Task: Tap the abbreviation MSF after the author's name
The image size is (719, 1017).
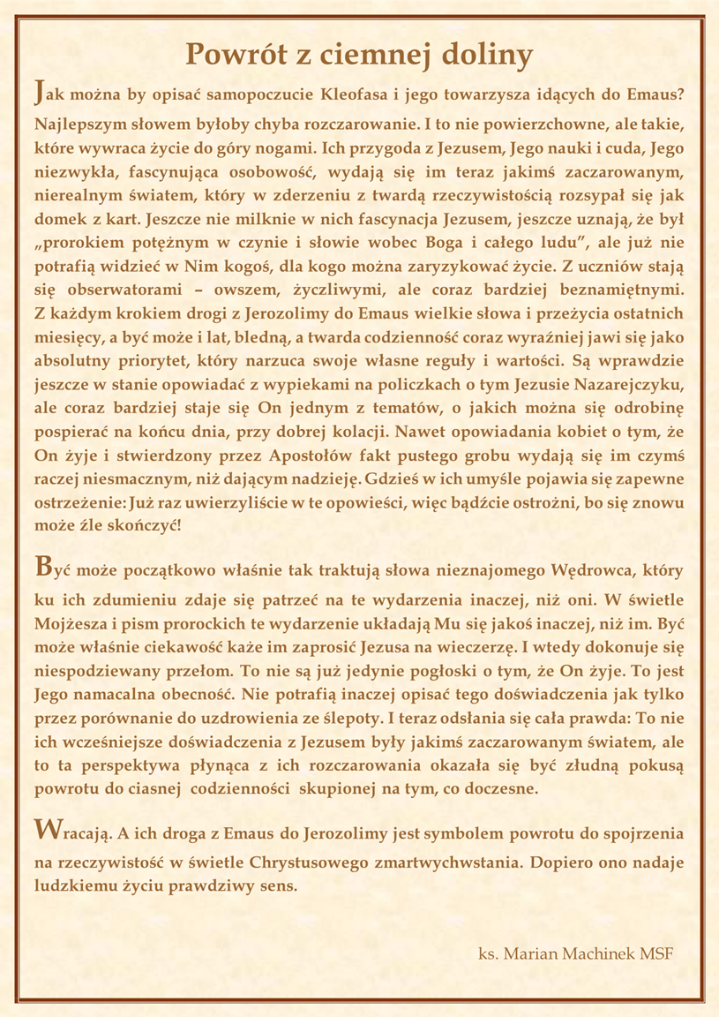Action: [x=659, y=954]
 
